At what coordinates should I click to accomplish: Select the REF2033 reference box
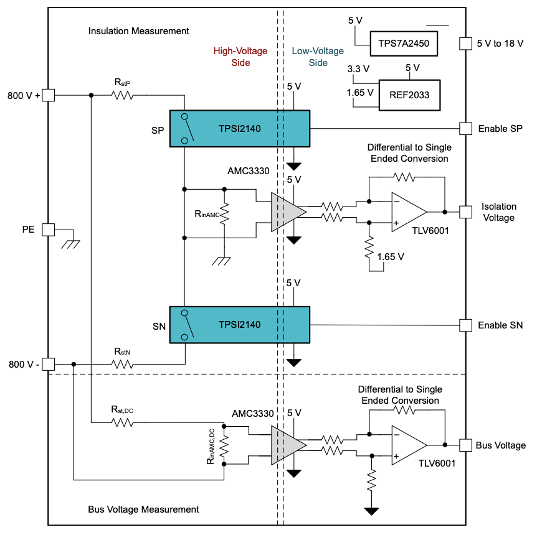(x=408, y=95)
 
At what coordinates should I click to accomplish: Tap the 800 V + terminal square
(x=49, y=95)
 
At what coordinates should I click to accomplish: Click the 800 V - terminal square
(x=49, y=364)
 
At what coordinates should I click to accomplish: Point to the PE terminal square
(x=49, y=230)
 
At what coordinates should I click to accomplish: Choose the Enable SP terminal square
(x=465, y=129)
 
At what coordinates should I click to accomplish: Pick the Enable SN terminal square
(x=465, y=325)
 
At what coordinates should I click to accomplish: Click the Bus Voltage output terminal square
(x=465, y=445)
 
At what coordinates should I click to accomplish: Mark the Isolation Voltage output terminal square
(x=465, y=212)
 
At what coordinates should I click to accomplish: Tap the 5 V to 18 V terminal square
(x=465, y=43)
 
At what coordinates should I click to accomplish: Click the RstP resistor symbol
(x=123, y=95)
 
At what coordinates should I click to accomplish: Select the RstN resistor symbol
(x=123, y=364)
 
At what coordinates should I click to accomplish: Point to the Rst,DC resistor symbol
(x=123, y=422)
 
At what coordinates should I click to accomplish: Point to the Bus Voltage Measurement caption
(x=143, y=509)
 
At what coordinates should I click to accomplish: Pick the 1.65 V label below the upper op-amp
(x=391, y=256)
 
